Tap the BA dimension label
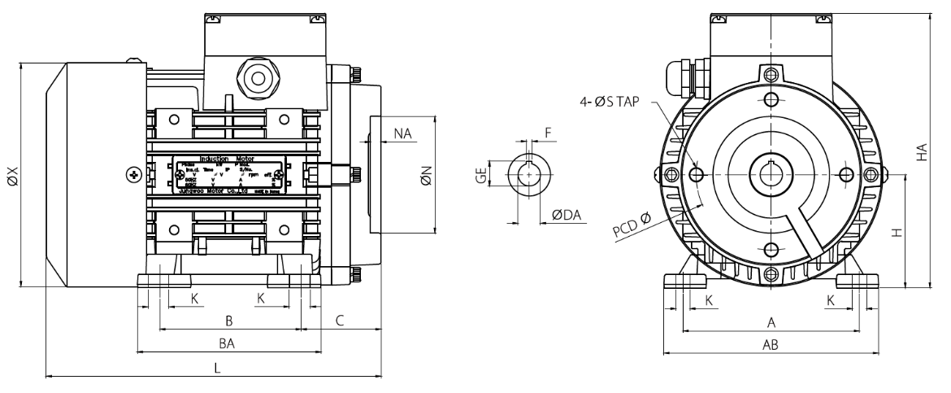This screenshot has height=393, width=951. pos(230,344)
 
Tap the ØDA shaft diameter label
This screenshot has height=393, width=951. pos(566,214)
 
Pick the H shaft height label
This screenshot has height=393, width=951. pos(897,232)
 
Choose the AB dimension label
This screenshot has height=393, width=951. pos(771,344)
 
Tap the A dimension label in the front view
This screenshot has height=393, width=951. pos(771,322)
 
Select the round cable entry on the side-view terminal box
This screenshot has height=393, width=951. pos(259,79)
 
